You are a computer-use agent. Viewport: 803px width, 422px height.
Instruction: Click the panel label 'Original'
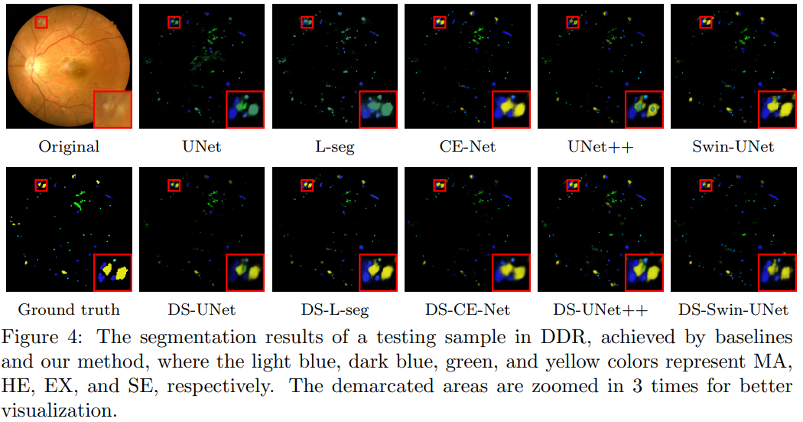pos(69,146)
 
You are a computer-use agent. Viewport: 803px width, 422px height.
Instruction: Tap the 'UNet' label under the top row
pos(202,146)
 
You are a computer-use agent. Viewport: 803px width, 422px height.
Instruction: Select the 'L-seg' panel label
pos(335,146)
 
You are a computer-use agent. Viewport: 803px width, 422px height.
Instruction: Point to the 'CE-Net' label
pos(468,146)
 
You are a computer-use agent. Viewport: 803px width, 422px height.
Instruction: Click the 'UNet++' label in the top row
pos(601,146)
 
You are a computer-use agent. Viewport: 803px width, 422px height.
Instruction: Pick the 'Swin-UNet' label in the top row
pos(733,146)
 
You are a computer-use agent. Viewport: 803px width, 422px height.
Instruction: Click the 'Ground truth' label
pos(69,310)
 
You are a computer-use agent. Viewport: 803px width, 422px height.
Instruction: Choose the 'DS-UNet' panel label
pos(202,310)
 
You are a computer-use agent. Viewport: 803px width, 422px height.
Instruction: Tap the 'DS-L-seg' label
pos(335,310)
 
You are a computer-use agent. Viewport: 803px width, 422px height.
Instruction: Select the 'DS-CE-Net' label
pos(468,310)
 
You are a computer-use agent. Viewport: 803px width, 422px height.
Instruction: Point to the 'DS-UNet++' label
pos(601,310)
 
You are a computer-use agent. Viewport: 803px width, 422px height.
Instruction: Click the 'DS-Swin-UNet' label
pos(733,310)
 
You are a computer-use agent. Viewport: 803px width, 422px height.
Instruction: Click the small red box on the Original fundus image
pos(41,23)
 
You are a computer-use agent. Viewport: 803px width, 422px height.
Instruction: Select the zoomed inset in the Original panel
pos(112,109)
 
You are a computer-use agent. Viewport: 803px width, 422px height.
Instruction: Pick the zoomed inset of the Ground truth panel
pos(112,272)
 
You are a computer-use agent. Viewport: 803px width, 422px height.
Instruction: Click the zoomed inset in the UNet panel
pos(245,109)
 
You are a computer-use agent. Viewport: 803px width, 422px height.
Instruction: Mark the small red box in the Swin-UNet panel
pos(705,23)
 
